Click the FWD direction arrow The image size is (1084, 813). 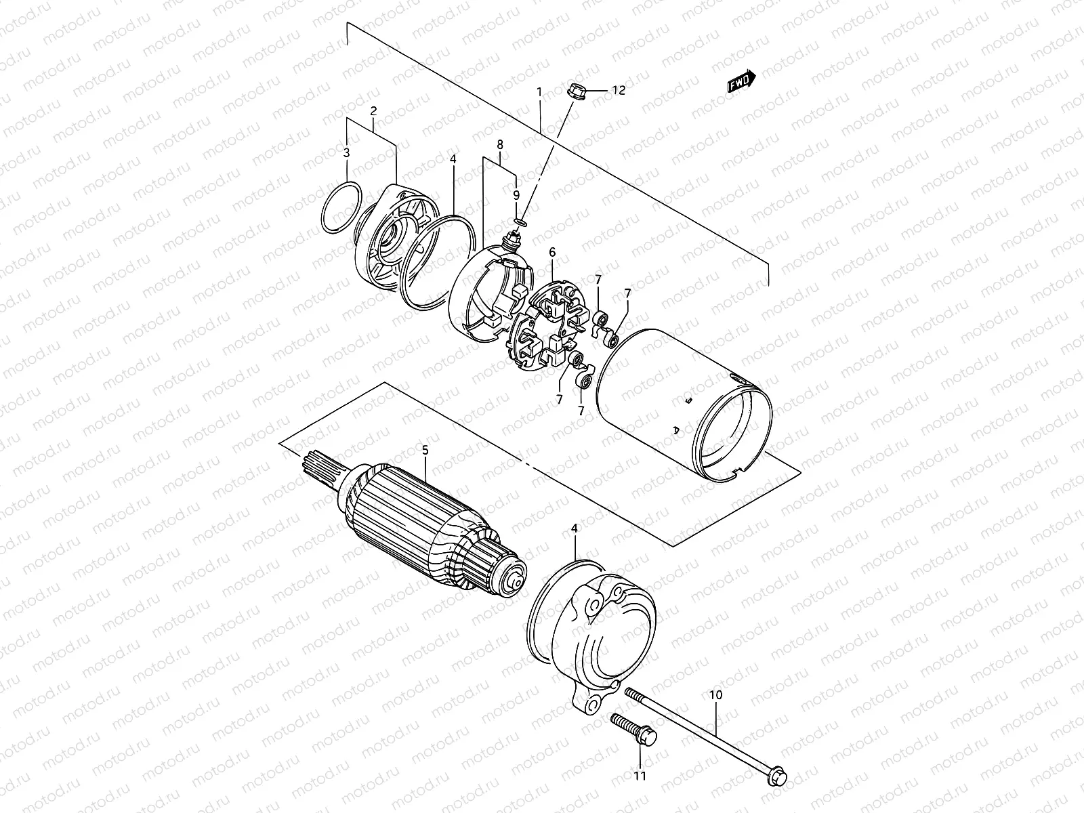pyautogui.click(x=741, y=81)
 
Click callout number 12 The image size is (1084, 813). pyautogui.click(x=619, y=89)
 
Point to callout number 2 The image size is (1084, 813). pyautogui.click(x=373, y=110)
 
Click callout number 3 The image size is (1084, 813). pyautogui.click(x=346, y=153)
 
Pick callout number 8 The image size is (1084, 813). pyautogui.click(x=500, y=144)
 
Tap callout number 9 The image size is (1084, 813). pyautogui.click(x=516, y=194)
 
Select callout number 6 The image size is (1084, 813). pyautogui.click(x=552, y=252)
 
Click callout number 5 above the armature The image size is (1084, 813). pyautogui.click(x=425, y=449)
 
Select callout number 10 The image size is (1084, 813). pyautogui.click(x=716, y=695)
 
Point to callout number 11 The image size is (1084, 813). pyautogui.click(x=640, y=776)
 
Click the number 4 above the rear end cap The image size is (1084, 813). pyautogui.click(x=575, y=528)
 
